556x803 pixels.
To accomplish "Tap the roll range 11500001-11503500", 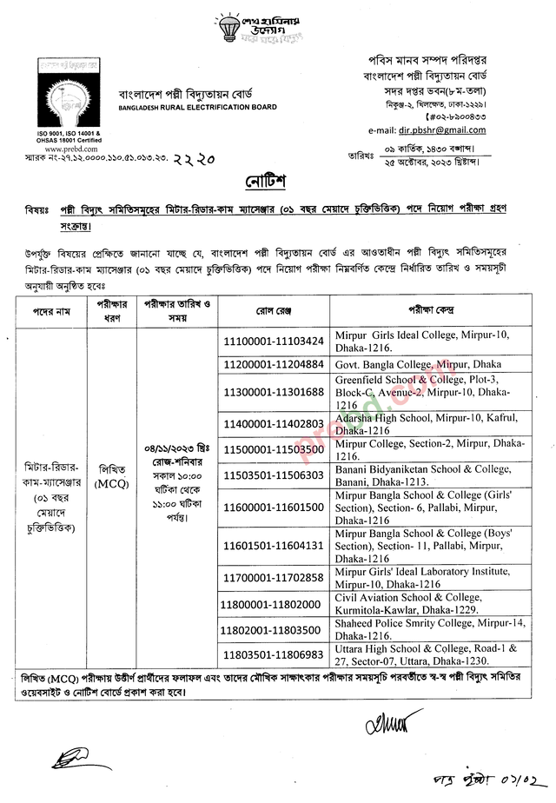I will point(274,449).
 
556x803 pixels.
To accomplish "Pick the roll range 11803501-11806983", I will point(274,653).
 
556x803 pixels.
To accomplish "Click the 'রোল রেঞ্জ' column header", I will point(274,310).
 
